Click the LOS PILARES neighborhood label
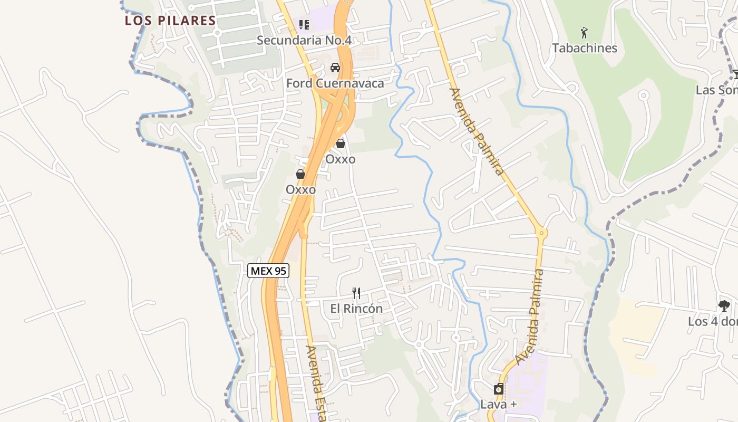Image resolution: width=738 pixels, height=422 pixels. tap(170, 21)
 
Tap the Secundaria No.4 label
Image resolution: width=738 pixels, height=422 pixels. tap(304, 40)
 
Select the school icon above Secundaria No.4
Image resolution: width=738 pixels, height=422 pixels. tap(304, 24)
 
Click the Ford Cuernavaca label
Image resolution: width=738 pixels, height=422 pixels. tap(335, 83)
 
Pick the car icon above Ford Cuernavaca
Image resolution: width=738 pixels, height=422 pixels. tap(335, 68)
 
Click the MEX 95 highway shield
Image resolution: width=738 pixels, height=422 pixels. tap(268, 271)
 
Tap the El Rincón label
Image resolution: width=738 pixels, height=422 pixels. tap(356, 309)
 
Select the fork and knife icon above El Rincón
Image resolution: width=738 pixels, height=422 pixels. tap(356, 293)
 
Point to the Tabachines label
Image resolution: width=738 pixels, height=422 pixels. tap(584, 48)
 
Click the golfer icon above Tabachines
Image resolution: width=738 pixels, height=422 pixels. tap(584, 33)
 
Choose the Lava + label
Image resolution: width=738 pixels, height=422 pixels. tap(498, 405)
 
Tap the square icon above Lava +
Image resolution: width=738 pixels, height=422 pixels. tap(498, 390)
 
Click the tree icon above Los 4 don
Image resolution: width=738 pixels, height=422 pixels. tap(724, 305)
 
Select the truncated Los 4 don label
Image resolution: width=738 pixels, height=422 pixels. tap(712, 321)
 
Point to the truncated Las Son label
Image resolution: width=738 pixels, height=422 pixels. tap(716, 90)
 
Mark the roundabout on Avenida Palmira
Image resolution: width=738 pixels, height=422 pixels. tap(541, 232)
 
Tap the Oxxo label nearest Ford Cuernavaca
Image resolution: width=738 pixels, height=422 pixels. tap(340, 159)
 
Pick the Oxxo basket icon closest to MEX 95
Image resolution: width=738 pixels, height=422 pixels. tap(300, 174)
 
